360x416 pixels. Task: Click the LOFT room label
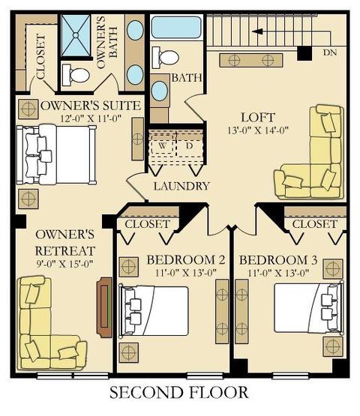[258, 117]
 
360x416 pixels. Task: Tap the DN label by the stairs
[330, 52]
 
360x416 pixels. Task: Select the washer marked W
[163, 146]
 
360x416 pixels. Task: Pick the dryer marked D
[189, 146]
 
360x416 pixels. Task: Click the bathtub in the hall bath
[176, 27]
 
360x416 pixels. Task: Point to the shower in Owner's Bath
[76, 35]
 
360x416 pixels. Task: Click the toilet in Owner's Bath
[76, 75]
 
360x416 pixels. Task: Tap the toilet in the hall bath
[165, 57]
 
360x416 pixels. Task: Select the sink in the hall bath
[160, 91]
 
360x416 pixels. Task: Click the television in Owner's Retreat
[104, 307]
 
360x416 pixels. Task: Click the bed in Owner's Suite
[56, 154]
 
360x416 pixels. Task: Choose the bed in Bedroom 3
[308, 308]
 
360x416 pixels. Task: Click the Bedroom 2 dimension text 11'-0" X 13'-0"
[186, 273]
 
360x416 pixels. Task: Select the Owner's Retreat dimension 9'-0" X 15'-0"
[64, 264]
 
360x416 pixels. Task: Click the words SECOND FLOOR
[179, 393]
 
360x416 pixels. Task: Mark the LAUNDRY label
[181, 186]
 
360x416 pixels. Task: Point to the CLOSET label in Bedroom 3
[314, 224]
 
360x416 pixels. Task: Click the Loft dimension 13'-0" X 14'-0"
[258, 130]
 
